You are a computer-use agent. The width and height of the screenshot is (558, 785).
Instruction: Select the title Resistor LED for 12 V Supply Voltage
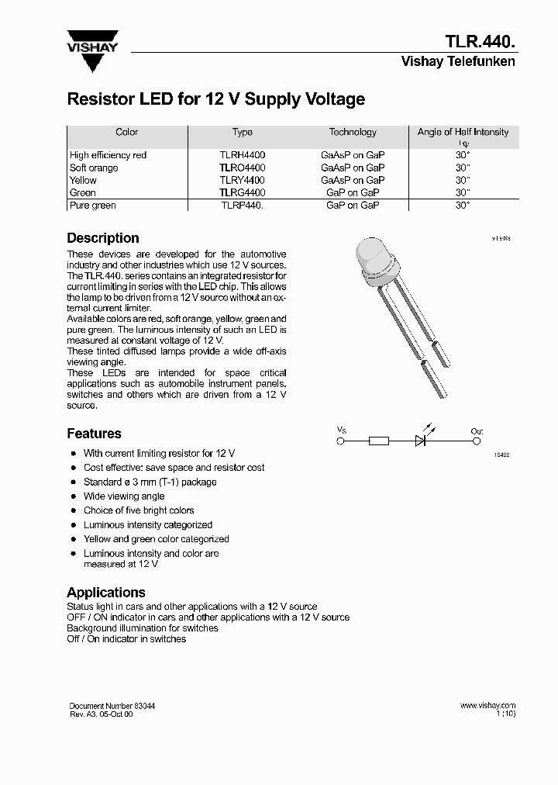(215, 99)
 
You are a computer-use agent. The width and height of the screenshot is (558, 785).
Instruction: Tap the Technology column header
(353, 132)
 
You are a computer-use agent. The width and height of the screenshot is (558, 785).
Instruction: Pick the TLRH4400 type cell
(242, 155)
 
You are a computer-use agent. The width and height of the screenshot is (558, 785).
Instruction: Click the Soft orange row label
(94, 168)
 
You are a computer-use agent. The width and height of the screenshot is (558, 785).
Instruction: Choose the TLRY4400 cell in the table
(242, 180)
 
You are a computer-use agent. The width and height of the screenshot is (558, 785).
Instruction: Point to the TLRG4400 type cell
(242, 192)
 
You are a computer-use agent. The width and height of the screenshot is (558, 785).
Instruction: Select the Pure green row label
(92, 206)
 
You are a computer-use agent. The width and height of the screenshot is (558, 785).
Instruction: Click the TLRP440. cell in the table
(242, 206)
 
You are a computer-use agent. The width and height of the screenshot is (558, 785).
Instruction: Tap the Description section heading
(103, 238)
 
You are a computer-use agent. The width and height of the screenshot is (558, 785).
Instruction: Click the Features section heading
(94, 434)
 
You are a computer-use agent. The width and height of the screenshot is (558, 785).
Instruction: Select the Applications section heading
(106, 593)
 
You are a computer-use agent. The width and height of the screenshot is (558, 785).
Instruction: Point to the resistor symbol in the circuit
(379, 441)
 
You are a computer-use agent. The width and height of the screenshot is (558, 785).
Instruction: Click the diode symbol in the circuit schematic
(422, 441)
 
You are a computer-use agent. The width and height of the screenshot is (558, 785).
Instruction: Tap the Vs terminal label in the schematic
(342, 429)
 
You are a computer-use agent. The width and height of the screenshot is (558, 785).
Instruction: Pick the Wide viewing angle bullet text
(124, 496)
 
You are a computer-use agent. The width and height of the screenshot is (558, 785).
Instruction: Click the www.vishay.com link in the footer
(487, 705)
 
